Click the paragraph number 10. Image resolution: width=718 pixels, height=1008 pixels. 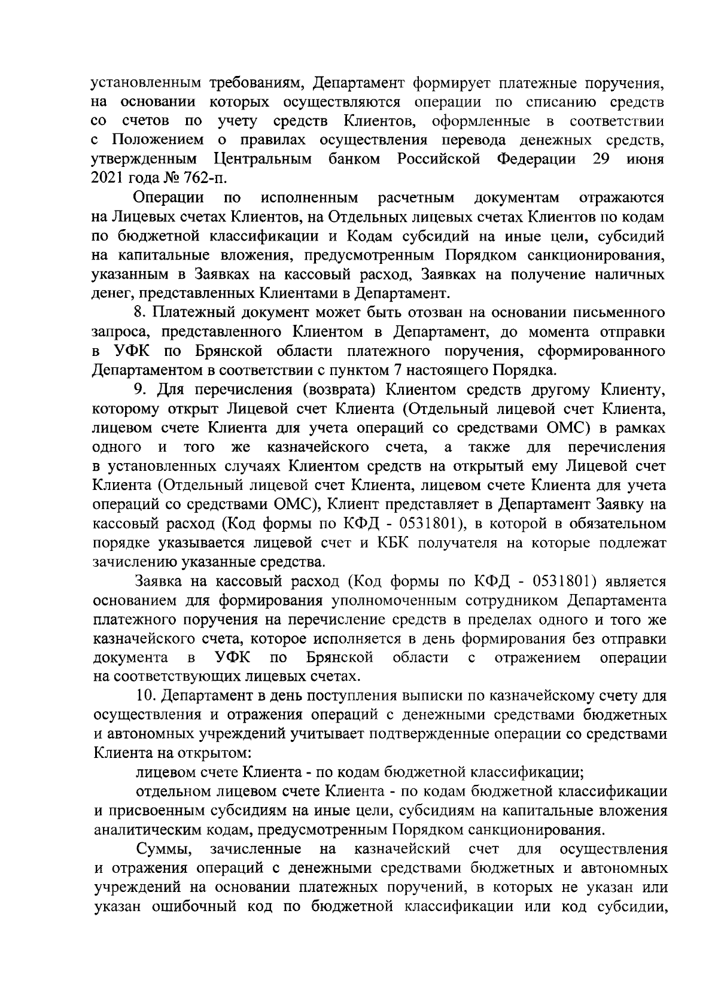click(x=145, y=697)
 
